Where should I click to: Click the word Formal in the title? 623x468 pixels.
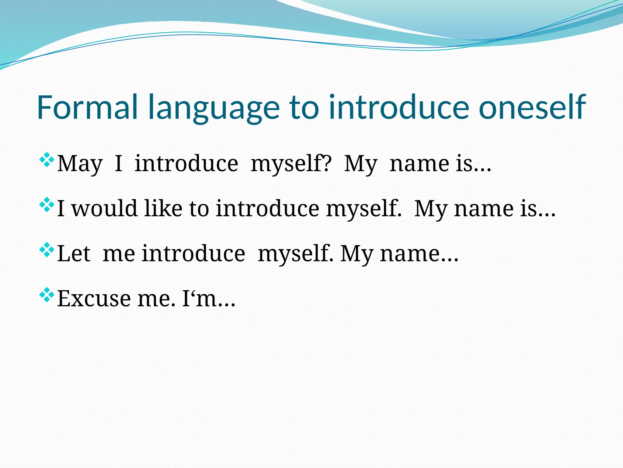point(88,107)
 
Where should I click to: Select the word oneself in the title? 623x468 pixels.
point(532,107)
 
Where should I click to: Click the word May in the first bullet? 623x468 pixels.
point(80,164)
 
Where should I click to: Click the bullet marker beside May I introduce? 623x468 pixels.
point(47,160)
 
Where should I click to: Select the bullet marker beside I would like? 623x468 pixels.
point(47,205)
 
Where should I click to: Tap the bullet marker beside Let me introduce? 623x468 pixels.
point(47,250)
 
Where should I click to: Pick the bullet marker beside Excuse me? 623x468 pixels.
point(47,295)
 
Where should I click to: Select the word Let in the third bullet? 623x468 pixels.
point(74,253)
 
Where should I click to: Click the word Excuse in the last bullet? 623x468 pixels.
point(94,299)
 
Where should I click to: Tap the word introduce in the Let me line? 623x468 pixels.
point(193,253)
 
